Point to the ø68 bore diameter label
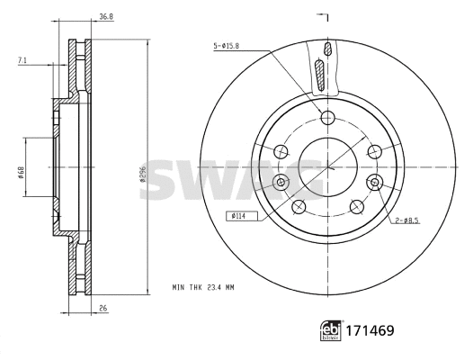pyautogui.click(x=19, y=168)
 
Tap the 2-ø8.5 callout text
pyautogui.click(x=405, y=220)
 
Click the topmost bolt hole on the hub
pyautogui.click(x=328, y=117)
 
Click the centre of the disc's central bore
pyautogui.click(x=328, y=167)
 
